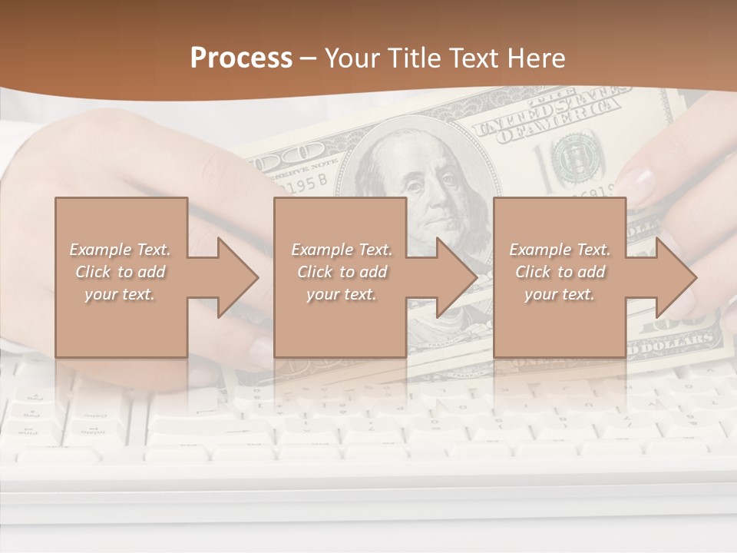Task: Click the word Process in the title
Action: click(241, 58)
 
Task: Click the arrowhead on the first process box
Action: click(237, 277)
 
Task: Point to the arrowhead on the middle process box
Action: click(457, 277)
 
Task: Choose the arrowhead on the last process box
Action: click(676, 277)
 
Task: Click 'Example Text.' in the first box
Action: click(120, 250)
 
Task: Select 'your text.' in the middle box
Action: click(341, 294)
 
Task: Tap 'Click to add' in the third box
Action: click(560, 272)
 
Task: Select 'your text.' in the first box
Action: click(120, 294)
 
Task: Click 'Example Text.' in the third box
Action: click(560, 250)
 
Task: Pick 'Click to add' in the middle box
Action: click(341, 272)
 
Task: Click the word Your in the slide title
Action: click(353, 58)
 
